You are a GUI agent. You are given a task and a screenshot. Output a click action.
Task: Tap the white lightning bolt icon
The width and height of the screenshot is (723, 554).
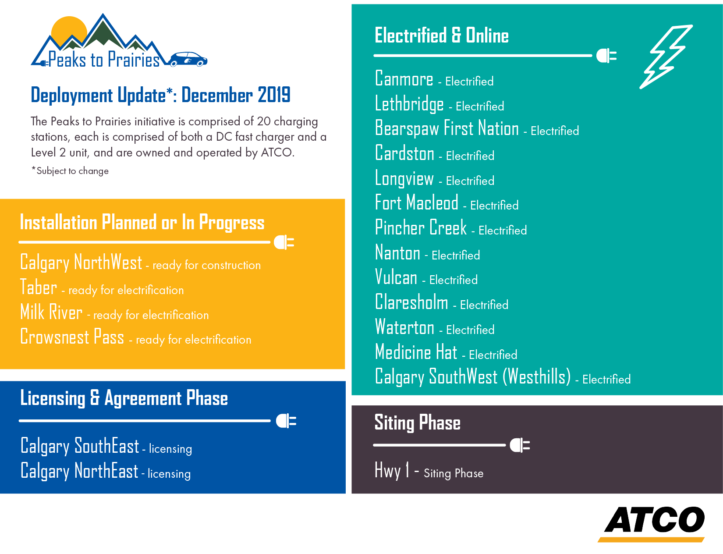[x=666, y=57]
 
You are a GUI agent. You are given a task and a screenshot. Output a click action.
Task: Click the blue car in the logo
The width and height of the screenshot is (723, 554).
[x=188, y=59]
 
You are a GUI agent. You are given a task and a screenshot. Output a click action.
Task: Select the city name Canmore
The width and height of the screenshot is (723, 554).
[x=404, y=78]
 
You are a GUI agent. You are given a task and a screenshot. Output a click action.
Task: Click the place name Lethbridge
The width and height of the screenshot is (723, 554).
[x=409, y=103]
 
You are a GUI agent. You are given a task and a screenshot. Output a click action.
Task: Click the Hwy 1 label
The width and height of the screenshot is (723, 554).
[x=392, y=470]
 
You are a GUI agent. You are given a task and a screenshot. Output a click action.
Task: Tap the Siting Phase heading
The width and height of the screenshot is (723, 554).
[x=417, y=423]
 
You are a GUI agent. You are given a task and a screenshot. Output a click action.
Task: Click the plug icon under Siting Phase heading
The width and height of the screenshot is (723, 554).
[x=520, y=445]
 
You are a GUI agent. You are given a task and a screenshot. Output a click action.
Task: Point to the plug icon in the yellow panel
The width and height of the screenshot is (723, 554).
[x=284, y=242]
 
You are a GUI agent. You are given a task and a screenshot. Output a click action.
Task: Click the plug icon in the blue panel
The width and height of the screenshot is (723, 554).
[x=286, y=421]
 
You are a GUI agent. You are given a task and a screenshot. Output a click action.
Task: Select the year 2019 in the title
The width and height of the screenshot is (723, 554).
[x=274, y=95]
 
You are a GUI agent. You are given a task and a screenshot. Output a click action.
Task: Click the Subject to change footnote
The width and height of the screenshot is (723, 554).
[x=70, y=170]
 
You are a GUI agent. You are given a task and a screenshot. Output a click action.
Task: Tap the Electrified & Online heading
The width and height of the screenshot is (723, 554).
[x=442, y=35]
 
